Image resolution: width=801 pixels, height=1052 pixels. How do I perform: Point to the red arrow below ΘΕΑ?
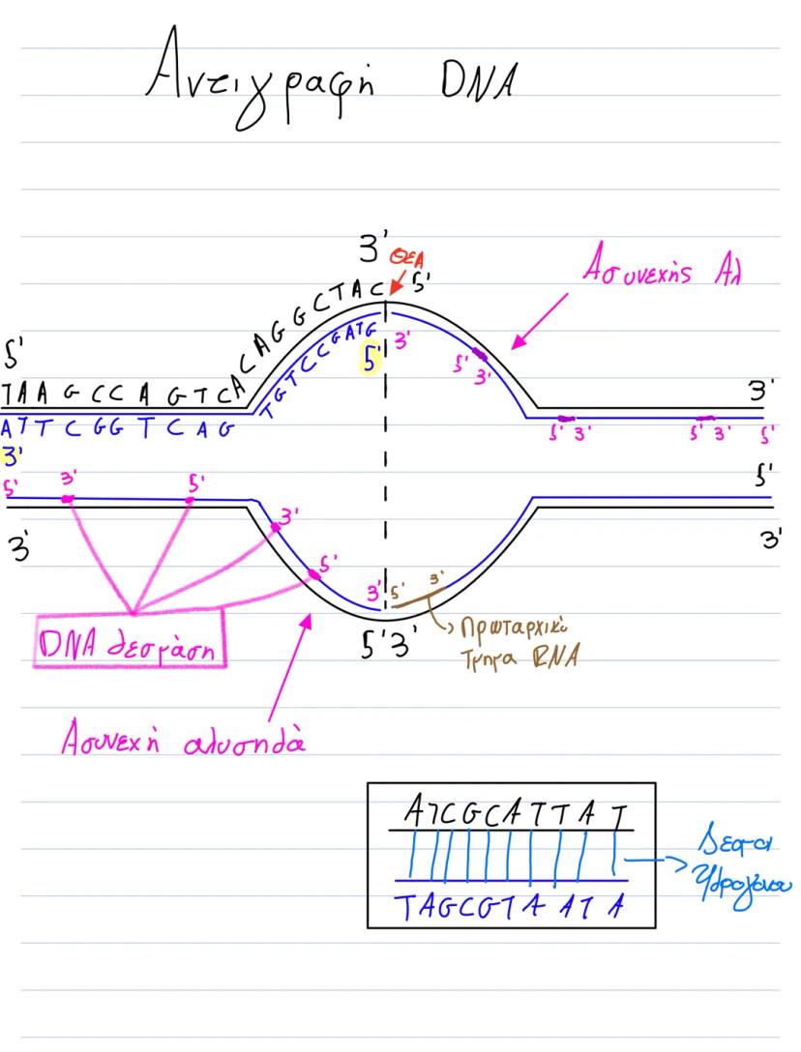coord(397,282)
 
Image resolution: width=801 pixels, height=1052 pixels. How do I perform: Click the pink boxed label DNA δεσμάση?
coord(130,639)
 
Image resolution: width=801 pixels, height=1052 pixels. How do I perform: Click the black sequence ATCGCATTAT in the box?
coord(511,814)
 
